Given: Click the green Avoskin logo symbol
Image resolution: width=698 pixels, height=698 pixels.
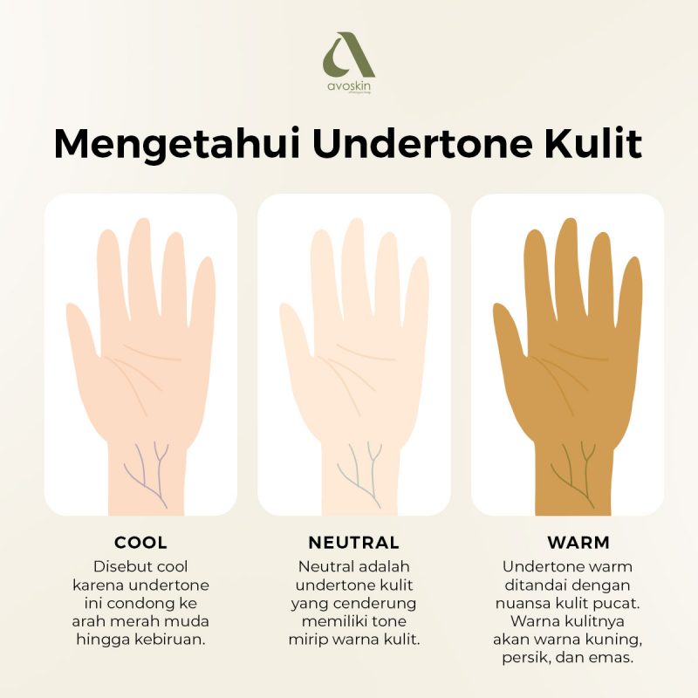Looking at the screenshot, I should pos(348,56).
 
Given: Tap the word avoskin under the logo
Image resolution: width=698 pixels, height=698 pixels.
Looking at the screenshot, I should pos(349,87).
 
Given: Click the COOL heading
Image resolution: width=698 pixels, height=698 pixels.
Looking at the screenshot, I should pos(140,542).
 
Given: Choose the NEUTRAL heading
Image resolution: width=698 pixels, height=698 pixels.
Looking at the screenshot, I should pos(353,542).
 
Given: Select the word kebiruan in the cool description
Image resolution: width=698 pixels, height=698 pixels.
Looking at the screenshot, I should pos(175,640).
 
